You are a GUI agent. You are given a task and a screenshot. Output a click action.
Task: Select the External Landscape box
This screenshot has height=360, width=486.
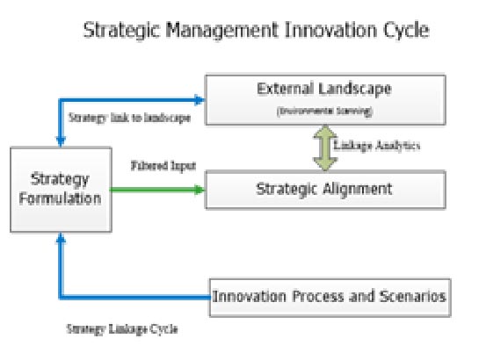click(x=325, y=99)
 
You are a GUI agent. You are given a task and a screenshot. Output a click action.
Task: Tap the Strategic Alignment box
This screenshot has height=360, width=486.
click(x=325, y=189)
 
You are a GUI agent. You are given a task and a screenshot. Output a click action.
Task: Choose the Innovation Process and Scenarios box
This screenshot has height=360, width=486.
click(x=329, y=298)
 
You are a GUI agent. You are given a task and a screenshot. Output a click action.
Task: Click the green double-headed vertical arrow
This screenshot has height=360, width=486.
click(x=324, y=146)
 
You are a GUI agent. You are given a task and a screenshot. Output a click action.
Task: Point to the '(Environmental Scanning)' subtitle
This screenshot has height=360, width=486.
click(x=324, y=112)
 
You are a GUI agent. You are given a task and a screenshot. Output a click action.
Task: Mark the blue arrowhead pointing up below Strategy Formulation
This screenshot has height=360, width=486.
click(x=60, y=239)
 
